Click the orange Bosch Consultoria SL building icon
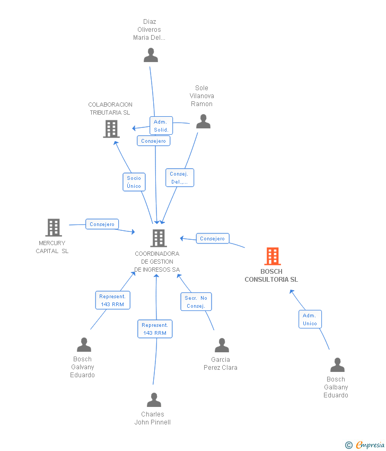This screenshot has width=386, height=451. pyautogui.click(x=273, y=256)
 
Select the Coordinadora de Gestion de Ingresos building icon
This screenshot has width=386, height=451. pyautogui.click(x=159, y=238)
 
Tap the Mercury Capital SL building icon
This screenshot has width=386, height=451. pyautogui.click(x=54, y=228)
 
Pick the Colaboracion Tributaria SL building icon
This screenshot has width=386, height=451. pyautogui.click(x=111, y=128)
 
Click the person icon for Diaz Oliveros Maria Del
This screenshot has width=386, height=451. pyautogui.click(x=151, y=55)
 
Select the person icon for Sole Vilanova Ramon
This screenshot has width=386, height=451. pyautogui.click(x=203, y=122)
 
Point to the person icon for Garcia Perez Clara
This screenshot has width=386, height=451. pyautogui.click(x=222, y=345)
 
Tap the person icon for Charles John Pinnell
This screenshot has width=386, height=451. pyautogui.click(x=154, y=400)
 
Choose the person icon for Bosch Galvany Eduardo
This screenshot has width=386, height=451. pyautogui.click(x=84, y=345)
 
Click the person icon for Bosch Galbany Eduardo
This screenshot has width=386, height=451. pyautogui.click(x=337, y=365)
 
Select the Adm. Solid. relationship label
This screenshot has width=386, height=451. pyautogui.click(x=161, y=126)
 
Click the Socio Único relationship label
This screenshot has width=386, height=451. pyautogui.click(x=134, y=182)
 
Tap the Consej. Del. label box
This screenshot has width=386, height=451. pyautogui.click(x=180, y=178)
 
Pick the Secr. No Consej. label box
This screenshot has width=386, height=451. pyautogui.click(x=196, y=302)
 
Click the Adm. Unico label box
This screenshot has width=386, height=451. pyautogui.click(x=310, y=319)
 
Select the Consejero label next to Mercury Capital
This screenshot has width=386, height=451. pyautogui.click(x=102, y=224)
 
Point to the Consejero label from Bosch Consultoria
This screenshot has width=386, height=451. pyautogui.click(x=213, y=239)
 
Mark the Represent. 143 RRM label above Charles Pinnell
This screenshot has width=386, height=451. pyautogui.click(x=155, y=329)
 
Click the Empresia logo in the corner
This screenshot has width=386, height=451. pyautogui.click(x=365, y=445)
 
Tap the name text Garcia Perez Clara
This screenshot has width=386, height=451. pyautogui.click(x=221, y=363)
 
